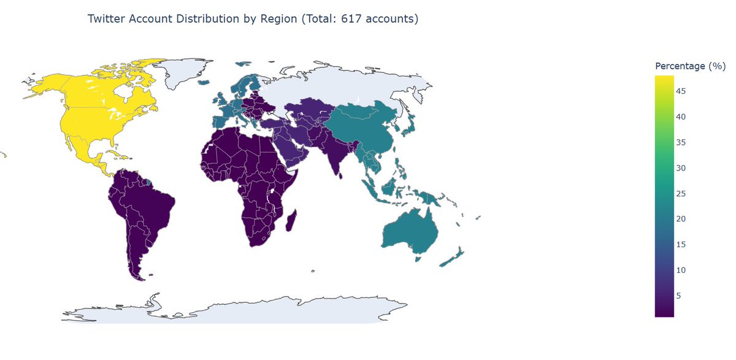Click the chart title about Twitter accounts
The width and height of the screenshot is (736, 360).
point(253,19)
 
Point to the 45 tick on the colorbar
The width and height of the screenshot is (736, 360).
point(681,91)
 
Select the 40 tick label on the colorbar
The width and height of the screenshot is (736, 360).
point(681,117)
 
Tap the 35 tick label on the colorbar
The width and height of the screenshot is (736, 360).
point(681,142)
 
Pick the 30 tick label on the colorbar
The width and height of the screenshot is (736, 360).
point(681,168)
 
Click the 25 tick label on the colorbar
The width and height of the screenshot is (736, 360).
point(681,194)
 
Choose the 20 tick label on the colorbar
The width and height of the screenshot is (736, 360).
point(681,219)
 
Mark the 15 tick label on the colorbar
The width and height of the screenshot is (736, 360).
point(681,245)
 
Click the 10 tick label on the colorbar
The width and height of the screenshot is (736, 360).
point(681,270)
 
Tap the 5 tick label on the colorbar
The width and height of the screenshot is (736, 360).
point(678,296)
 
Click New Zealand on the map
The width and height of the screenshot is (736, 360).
point(454,258)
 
